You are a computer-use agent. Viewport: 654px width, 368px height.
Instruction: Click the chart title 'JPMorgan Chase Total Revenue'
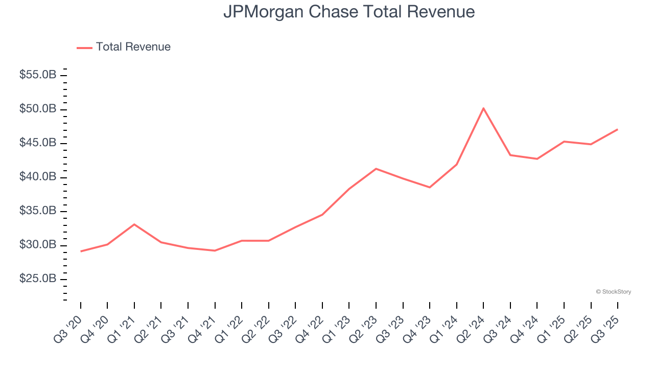[349, 12]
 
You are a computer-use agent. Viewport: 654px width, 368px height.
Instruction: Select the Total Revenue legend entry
[124, 47]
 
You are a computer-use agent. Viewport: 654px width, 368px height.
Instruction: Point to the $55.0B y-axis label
[38, 75]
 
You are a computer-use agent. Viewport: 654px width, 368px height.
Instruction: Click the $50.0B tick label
[38, 109]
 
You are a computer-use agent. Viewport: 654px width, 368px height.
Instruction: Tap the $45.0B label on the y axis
[38, 143]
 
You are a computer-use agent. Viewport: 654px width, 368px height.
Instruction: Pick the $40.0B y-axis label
[38, 177]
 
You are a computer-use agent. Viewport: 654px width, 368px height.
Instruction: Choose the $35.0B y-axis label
[38, 211]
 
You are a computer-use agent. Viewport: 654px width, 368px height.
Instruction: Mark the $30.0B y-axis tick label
[38, 245]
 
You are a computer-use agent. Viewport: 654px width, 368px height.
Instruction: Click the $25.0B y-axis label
[38, 279]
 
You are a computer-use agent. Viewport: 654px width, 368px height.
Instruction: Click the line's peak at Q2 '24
[483, 108]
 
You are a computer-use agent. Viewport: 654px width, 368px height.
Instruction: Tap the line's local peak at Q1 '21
[134, 224]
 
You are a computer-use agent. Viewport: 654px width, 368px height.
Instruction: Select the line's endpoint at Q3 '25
[617, 129]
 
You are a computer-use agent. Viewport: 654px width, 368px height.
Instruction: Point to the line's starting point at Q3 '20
[81, 251]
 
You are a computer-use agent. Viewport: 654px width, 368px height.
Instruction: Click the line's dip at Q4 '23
[430, 187]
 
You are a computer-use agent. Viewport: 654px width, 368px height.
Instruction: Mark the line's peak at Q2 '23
[376, 169]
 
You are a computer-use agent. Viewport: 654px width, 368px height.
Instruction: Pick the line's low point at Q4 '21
[215, 250]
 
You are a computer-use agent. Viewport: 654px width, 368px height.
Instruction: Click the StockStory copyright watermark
[613, 292]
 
